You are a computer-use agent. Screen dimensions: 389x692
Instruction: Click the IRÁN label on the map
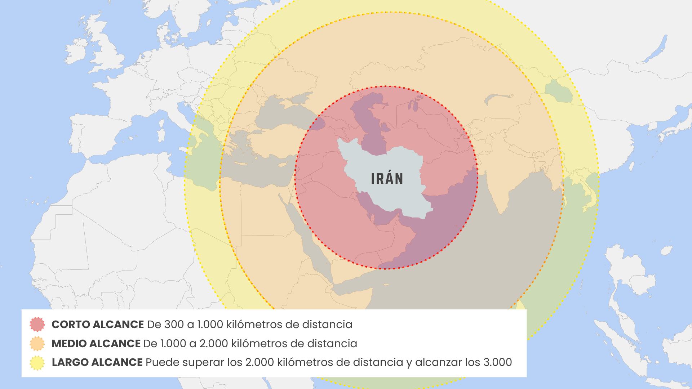pyautogui.click(x=387, y=179)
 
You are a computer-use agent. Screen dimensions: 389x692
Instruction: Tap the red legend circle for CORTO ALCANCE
pyautogui.click(x=37, y=324)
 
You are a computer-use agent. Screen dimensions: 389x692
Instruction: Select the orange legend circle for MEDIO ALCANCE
pyautogui.click(x=37, y=343)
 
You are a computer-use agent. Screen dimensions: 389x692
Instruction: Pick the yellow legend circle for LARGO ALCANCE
pyautogui.click(x=37, y=362)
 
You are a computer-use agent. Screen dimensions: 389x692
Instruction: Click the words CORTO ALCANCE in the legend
pyautogui.click(x=98, y=325)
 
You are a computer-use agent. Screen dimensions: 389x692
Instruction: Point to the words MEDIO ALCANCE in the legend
pyautogui.click(x=96, y=344)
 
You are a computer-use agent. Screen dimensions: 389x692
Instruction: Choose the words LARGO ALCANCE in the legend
pyautogui.click(x=97, y=362)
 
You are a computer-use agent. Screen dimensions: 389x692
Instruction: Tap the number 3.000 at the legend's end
pyautogui.click(x=497, y=362)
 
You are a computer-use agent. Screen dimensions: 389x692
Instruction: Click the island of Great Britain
pyautogui.click(x=108, y=50)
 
